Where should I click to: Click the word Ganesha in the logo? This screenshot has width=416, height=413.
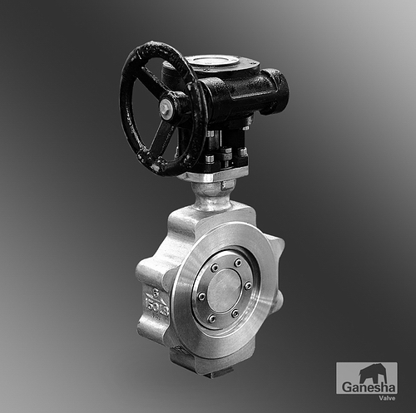pyautogui.click(x=368, y=386)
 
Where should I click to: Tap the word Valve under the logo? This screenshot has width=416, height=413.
pyautogui.click(x=388, y=398)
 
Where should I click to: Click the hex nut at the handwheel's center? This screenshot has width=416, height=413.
pyautogui.click(x=164, y=107)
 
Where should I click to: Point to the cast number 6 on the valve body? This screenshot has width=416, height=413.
pyautogui.click(x=156, y=291)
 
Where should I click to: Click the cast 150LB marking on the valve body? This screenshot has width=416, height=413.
pyautogui.click(x=156, y=305)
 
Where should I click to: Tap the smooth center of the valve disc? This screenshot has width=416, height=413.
pyautogui.click(x=225, y=291)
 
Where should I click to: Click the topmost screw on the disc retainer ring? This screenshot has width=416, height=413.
pyautogui.click(x=237, y=263)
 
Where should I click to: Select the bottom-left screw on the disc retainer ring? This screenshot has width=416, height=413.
pyautogui.click(x=212, y=319)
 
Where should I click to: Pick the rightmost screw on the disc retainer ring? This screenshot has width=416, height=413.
pyautogui.click(x=248, y=287)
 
